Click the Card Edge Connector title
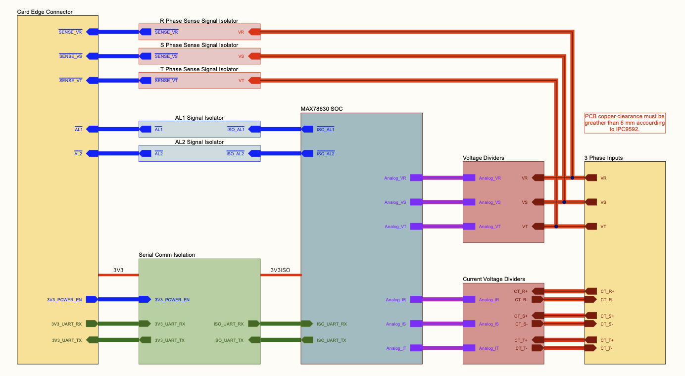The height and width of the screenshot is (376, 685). coord(45,11)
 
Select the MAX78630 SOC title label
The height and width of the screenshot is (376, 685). coord(321,109)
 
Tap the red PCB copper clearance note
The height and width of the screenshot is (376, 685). coord(625,123)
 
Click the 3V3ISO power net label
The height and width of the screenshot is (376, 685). coord(280,270)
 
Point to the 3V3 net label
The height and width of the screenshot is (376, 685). coord(118,270)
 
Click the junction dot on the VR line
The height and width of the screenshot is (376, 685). coord(572,178)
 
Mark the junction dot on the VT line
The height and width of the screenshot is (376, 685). coord(556,227)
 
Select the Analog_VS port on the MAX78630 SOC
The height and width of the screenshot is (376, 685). coord(416,202)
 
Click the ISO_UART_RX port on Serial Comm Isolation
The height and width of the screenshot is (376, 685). coord(254,324)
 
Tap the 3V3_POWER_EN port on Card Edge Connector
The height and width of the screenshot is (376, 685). coord(92,299)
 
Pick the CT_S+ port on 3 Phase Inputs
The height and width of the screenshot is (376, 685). coord(591,316)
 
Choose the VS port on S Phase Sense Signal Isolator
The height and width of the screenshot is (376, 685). coord(254,56)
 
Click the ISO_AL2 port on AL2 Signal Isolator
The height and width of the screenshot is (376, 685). coord(254,153)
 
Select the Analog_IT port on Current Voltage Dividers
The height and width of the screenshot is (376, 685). coord(469,348)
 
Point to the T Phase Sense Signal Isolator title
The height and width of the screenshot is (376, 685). coord(199,69)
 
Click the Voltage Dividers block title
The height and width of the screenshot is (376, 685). coord(483,158)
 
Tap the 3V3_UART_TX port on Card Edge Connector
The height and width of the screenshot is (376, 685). coord(92,340)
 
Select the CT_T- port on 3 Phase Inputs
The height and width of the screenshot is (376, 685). coord(591,348)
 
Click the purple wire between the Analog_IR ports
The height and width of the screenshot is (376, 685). coord(442,299)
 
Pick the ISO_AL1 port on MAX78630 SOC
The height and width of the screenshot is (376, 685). coord(307,129)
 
